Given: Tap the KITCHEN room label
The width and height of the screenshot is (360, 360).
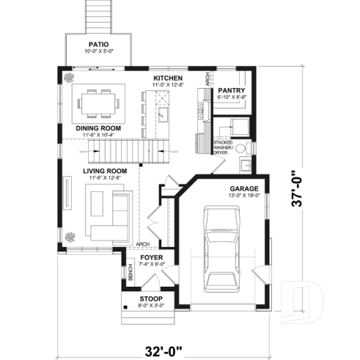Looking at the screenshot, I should pyautogui.click(x=167, y=78).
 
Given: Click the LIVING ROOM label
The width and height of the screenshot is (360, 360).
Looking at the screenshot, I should pyautogui.click(x=105, y=170).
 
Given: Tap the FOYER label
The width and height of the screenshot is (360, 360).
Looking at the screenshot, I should pyautogui.click(x=153, y=257).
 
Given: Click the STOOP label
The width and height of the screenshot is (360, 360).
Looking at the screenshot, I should pyautogui.click(x=153, y=298).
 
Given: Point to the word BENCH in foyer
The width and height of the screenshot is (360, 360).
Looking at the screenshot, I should pyautogui.click(x=131, y=273).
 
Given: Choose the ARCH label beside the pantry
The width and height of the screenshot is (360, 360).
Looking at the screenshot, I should pyautogui.click(x=208, y=81).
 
